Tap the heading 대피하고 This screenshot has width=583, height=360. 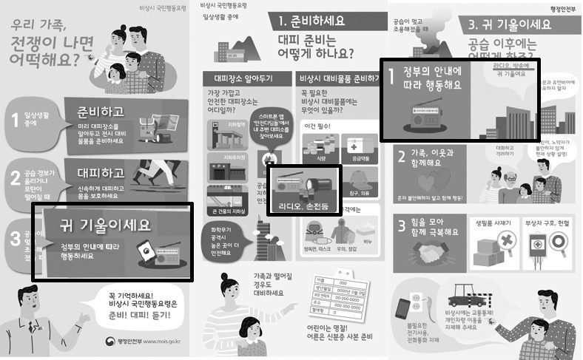(x=98, y=174)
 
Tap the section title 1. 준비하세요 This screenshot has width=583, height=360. (x=320, y=21)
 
